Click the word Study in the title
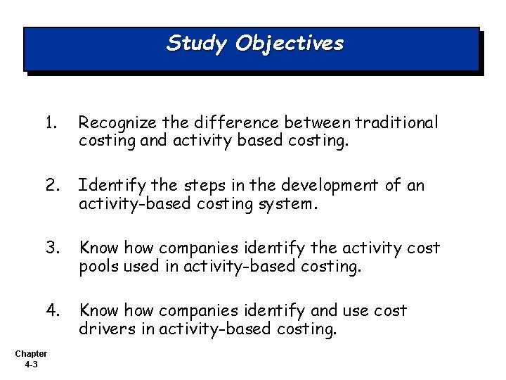click(x=196, y=44)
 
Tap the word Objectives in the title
click(x=290, y=44)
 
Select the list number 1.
click(x=50, y=123)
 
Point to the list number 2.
click(x=51, y=185)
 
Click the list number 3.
click(x=51, y=248)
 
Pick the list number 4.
click(x=51, y=310)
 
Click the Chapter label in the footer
click(x=30, y=354)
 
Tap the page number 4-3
click(x=30, y=365)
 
